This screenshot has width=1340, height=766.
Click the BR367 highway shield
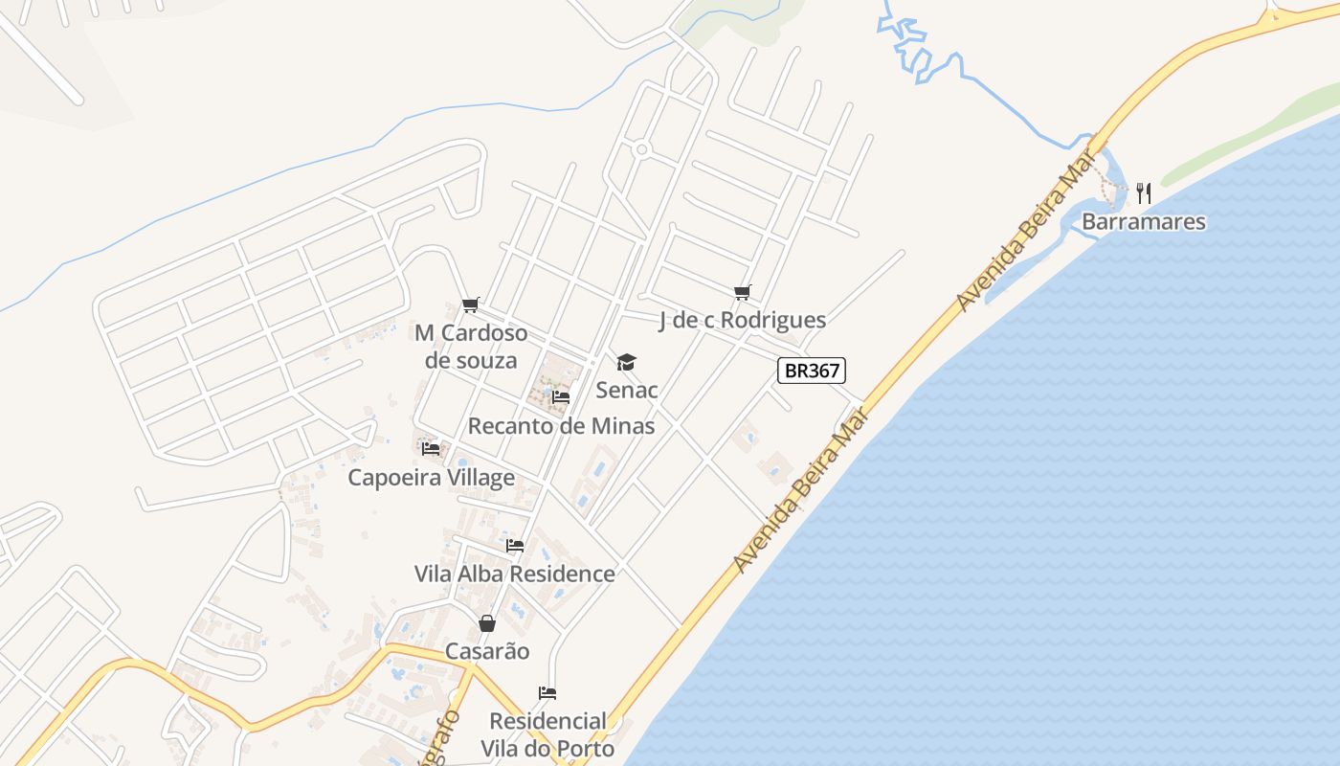[811, 371]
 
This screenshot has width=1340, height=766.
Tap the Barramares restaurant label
[1143, 222]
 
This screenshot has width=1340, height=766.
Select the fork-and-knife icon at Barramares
[1143, 193]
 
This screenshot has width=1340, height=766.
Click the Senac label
[626, 390]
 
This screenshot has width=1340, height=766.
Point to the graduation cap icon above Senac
[626, 362]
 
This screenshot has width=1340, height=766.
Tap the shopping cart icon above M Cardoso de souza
[470, 305]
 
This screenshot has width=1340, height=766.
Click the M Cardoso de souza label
[471, 347]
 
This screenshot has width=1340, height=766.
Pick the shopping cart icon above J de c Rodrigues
[742, 292]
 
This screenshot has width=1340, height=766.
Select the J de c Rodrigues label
[742, 320]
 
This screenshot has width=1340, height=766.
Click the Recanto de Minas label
[561, 425]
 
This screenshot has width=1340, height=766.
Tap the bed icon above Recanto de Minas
[561, 396]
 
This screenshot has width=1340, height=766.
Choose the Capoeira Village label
[431, 477]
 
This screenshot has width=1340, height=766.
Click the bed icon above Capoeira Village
[431, 448]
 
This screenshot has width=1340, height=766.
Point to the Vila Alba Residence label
[514, 574]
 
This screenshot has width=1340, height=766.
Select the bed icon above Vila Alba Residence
[515, 546]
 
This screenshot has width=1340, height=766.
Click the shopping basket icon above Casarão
[487, 623]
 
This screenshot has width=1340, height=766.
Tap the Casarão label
[487, 651]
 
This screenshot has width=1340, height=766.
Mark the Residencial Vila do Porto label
[547, 734]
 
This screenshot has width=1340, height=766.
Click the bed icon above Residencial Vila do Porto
[547, 693]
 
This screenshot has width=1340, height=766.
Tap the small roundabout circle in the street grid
[641, 149]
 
